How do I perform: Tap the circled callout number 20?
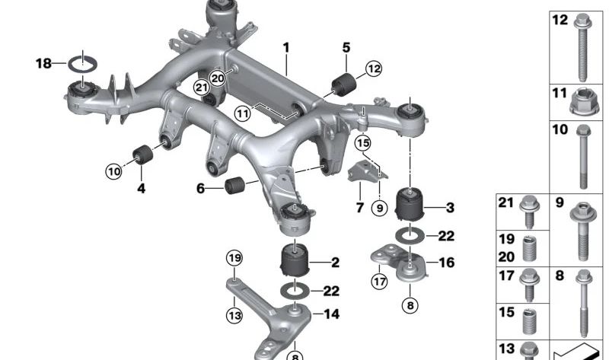click(x=217, y=79)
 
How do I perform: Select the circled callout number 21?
click(x=202, y=88)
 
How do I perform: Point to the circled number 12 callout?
click(x=374, y=68)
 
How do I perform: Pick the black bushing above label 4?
click(x=143, y=155)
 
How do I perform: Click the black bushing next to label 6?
click(x=234, y=185)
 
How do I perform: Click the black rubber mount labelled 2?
click(x=295, y=260)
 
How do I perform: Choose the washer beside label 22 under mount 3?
click(x=410, y=235)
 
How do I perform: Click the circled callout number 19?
click(x=234, y=258)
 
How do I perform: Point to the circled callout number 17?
click(x=379, y=281)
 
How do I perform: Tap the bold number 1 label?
click(x=286, y=48)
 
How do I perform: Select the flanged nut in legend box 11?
click(x=581, y=101)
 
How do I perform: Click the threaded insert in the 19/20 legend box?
click(x=529, y=248)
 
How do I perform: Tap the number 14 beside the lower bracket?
click(x=331, y=314)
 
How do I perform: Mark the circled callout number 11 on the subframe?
click(x=243, y=114)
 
